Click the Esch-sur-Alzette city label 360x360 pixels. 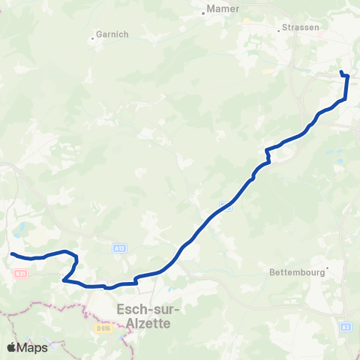pos(144,315)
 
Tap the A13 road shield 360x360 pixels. pos(119,247)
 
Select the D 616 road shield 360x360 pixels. pos(103,328)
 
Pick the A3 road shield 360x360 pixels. pos(345,327)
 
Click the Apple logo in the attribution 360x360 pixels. pos(12,347)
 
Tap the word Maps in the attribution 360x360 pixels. pos(33,347)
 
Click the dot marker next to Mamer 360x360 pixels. pos(203,13)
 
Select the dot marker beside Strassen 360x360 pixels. pos(280,30)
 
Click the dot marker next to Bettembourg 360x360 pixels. pos(327,273)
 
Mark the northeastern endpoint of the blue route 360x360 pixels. pos(341,72)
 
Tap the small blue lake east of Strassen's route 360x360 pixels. pos(339,160)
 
